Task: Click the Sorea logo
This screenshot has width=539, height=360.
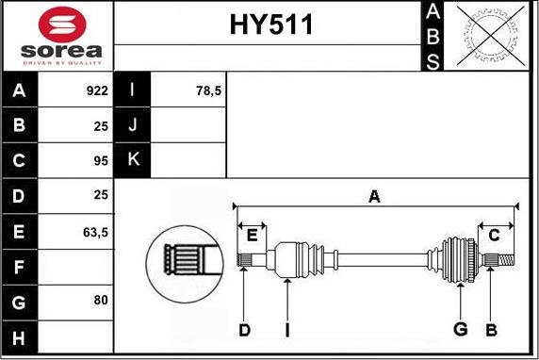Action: (x=57, y=36)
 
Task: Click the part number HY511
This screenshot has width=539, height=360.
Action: (x=270, y=26)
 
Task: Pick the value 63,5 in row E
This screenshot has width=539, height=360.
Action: (x=94, y=231)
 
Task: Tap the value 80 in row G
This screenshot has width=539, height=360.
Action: (x=101, y=301)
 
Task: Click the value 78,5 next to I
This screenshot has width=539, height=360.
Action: (x=207, y=91)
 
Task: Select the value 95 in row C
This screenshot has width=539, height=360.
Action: (x=101, y=161)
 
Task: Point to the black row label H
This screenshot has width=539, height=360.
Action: (x=19, y=335)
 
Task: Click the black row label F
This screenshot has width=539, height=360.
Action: (x=19, y=266)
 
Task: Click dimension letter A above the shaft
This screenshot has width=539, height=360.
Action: (x=374, y=197)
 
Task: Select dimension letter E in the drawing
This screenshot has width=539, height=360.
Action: (x=252, y=234)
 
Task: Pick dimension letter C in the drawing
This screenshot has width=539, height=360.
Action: (x=493, y=234)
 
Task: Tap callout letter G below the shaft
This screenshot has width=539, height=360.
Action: (x=460, y=330)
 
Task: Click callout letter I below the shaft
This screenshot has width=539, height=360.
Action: (x=287, y=330)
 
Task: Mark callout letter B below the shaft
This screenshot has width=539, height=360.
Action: (x=490, y=330)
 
